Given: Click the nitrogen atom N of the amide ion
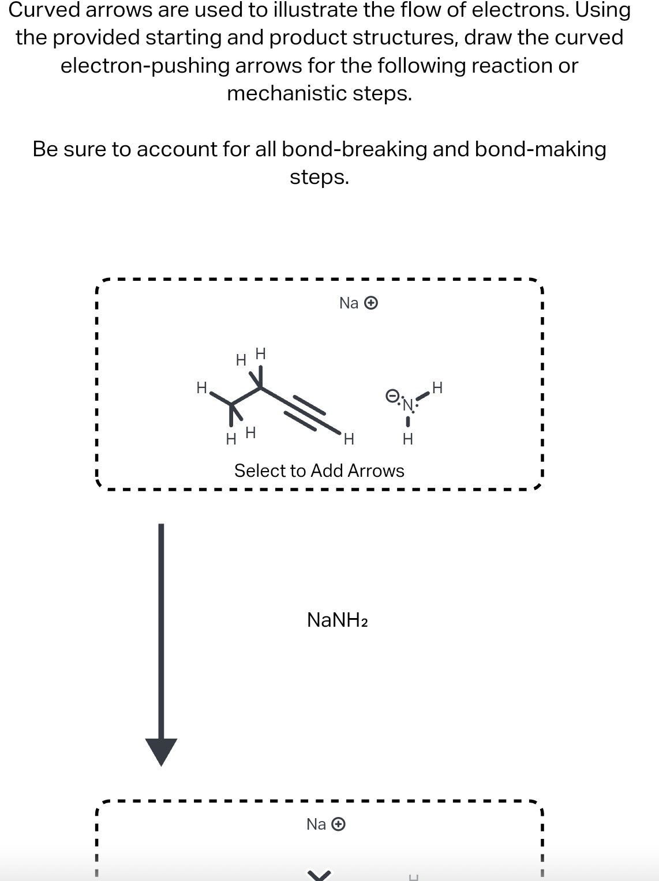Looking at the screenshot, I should [x=408, y=405].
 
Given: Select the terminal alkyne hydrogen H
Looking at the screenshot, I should [x=348, y=439].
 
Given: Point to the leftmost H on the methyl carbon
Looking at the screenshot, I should [x=201, y=387].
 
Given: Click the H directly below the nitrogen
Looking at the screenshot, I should [x=407, y=439].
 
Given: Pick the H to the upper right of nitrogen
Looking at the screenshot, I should [x=437, y=387].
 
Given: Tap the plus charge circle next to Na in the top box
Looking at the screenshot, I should [x=372, y=303].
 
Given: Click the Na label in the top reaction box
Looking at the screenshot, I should [x=349, y=303].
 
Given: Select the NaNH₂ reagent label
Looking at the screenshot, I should [x=338, y=620].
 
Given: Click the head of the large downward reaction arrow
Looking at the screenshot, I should [x=161, y=751].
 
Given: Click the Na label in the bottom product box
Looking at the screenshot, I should [x=316, y=824].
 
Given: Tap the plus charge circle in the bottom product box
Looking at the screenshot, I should [x=339, y=824].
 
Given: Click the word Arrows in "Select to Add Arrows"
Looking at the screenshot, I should [x=376, y=471].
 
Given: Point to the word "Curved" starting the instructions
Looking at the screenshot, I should [x=45, y=10].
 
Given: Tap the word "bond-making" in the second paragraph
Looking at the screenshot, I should [x=540, y=149].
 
